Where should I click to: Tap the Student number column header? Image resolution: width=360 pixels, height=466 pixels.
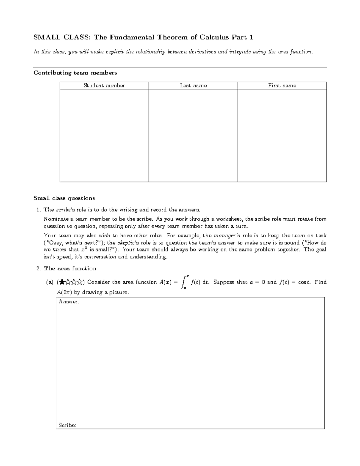[x=104, y=86]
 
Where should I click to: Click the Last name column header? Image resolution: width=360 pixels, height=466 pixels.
[x=193, y=86]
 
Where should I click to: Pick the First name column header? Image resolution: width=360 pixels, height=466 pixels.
[x=282, y=86]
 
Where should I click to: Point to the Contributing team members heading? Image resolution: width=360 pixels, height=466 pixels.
[x=75, y=73]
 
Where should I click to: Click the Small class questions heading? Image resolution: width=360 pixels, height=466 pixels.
[x=64, y=198]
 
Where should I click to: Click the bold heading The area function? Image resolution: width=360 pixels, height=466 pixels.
[x=70, y=269]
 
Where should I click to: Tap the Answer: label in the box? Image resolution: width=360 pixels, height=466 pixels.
[x=69, y=302]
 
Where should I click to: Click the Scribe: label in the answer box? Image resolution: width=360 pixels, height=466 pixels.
[x=67, y=425]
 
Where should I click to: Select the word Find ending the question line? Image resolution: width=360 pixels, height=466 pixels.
[x=320, y=282]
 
